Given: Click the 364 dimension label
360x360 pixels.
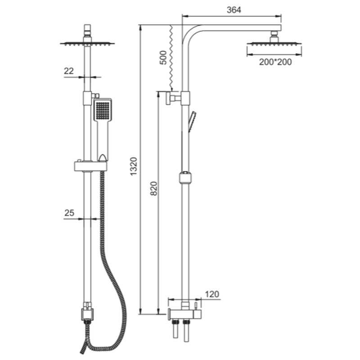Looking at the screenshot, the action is click(x=234, y=10).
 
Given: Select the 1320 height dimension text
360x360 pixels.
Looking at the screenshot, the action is click(x=134, y=166).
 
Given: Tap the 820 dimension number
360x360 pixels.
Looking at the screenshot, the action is click(x=154, y=189).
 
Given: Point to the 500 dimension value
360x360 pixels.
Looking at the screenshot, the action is click(x=163, y=58).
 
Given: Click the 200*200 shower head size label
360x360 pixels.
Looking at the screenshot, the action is click(x=275, y=62).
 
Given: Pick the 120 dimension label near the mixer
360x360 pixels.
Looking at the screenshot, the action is click(x=211, y=294).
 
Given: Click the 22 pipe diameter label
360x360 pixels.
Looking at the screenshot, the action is click(x=69, y=71).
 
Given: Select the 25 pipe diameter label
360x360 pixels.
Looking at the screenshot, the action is click(x=69, y=213).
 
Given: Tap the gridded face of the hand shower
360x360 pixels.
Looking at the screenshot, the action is click(x=103, y=110).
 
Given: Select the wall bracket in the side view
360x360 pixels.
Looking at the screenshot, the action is click(x=173, y=98).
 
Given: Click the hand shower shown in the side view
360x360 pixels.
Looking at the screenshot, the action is click(x=192, y=121).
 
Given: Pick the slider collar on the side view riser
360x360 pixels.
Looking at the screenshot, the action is click(x=185, y=178).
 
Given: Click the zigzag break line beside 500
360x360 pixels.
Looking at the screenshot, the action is click(x=171, y=58).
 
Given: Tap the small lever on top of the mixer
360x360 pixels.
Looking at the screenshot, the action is click(x=196, y=306).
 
